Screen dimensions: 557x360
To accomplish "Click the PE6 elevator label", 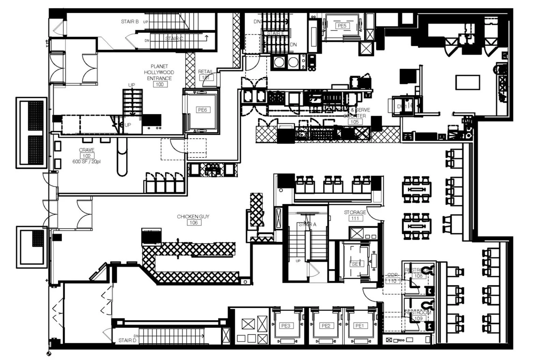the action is pyautogui.click(x=202, y=110).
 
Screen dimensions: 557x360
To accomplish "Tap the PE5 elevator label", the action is pyautogui.click(x=341, y=26).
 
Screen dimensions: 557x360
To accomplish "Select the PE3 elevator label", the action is pyautogui.click(x=286, y=326).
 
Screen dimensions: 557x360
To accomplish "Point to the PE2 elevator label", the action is pyautogui.click(x=326, y=326).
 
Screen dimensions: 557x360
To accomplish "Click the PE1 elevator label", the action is pyautogui.click(x=359, y=326).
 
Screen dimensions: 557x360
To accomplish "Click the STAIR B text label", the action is pyautogui.click(x=130, y=21).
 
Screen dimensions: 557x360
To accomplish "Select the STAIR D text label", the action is pyautogui.click(x=127, y=340).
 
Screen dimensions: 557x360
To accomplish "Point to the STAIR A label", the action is pyautogui.click(x=307, y=224).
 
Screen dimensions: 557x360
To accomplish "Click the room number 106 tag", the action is pyautogui.click(x=194, y=223).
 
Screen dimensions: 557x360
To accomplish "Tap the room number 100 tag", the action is pyautogui.click(x=160, y=84).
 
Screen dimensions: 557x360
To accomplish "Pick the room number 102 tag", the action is pyautogui.click(x=87, y=156).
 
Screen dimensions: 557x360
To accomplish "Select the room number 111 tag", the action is pyautogui.click(x=355, y=218).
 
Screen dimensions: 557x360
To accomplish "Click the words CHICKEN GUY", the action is pyautogui.click(x=193, y=217).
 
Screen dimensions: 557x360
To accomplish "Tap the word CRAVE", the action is pyautogui.click(x=87, y=150).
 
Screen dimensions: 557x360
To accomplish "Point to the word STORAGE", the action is pyautogui.click(x=355, y=212).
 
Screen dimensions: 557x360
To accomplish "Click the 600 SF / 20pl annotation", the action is pyautogui.click(x=87, y=162).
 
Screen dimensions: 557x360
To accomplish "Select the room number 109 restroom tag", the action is pyautogui.click(x=418, y=318).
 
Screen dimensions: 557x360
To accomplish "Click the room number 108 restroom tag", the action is pyautogui.click(x=418, y=276).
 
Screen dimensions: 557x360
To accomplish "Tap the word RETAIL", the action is pyautogui.click(x=205, y=72).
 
